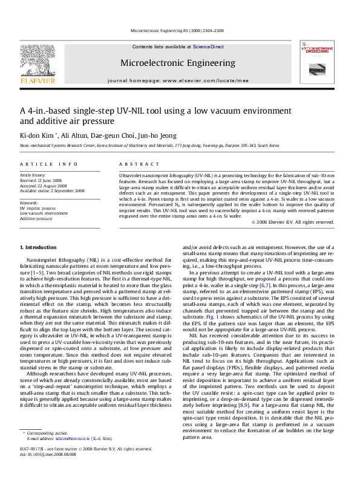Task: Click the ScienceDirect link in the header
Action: (208, 47)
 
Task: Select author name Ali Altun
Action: (76, 135)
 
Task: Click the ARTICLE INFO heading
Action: (49, 164)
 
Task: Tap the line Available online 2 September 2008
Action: (53, 190)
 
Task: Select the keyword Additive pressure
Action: (36, 218)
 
